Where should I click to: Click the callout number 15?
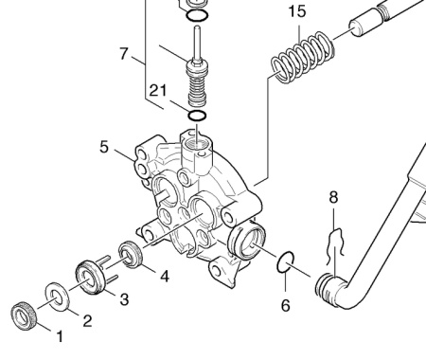tap(297, 11)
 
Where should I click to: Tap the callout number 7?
tap(124, 53)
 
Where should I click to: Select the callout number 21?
tap(158, 91)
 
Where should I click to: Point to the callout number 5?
tap(104, 147)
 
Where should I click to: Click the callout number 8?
tap(333, 197)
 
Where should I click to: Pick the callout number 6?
tap(286, 305)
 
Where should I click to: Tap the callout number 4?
tap(165, 276)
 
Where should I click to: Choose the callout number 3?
tap(124, 298)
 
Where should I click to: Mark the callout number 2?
tap(87, 321)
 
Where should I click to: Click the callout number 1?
tap(60, 336)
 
